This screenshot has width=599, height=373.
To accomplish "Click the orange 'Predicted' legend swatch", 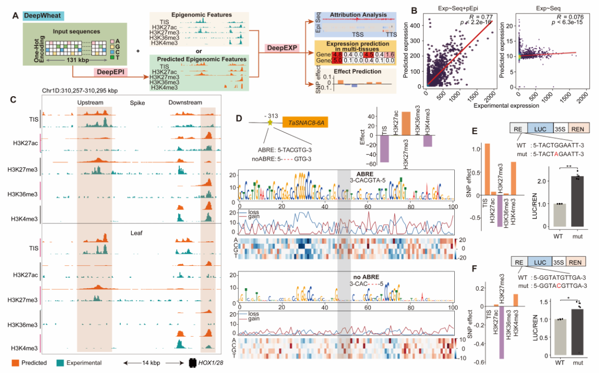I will pyautogui.click(x=16, y=363).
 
